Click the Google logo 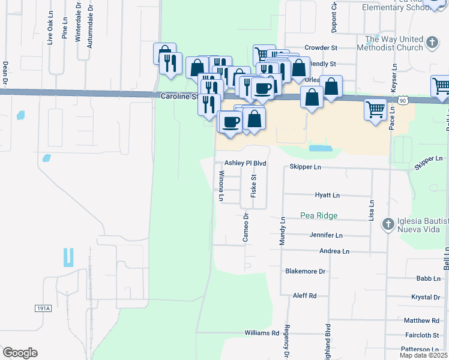point(20,353)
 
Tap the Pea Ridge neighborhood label point(319,215)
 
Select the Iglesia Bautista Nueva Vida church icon point(388,223)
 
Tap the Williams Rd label point(262,333)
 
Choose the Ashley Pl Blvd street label point(245,163)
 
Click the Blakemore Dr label point(305,271)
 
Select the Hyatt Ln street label point(327,196)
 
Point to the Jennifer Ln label point(326,236)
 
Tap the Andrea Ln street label point(334,252)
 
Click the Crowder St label point(321,47)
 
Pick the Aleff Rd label point(304,296)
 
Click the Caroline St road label point(179,96)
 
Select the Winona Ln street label point(221,186)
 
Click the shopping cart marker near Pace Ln point(375,109)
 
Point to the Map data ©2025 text point(424,355)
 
